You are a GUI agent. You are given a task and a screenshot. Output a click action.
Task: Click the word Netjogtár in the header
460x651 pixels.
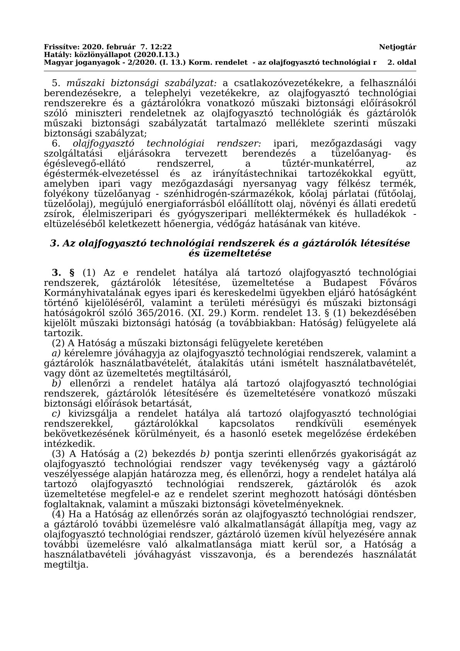(397, 47)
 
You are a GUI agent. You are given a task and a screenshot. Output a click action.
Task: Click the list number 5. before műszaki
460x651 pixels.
(57, 83)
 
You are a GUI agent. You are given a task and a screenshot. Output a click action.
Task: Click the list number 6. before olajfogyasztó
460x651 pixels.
(57, 144)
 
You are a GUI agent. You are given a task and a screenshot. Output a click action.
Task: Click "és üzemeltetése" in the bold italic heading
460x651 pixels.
(230, 254)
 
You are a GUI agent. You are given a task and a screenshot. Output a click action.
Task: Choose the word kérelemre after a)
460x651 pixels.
(82, 353)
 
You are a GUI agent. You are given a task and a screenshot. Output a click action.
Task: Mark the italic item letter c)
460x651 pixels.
(56, 414)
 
